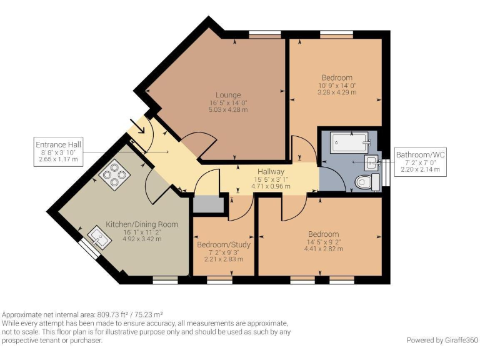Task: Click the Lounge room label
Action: coord(228,95)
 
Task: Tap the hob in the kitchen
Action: coord(114,175)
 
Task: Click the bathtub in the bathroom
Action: coord(349,142)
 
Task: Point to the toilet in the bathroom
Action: coord(367,182)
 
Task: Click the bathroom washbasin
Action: coord(372,162)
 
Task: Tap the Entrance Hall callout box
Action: coord(58,152)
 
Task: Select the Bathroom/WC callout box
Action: coord(420,162)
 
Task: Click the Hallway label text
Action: coord(271,171)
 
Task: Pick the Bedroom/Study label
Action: coord(224,244)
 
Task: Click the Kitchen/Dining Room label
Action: coord(142,224)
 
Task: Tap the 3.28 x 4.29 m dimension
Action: coord(337,92)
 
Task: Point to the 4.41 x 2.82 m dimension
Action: coord(324,249)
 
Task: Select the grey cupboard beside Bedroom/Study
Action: coord(206,204)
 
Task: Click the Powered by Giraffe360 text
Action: coord(442,340)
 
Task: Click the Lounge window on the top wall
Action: coord(264,34)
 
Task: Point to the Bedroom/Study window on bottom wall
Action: coord(219,280)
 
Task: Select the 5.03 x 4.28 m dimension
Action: coord(228,109)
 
